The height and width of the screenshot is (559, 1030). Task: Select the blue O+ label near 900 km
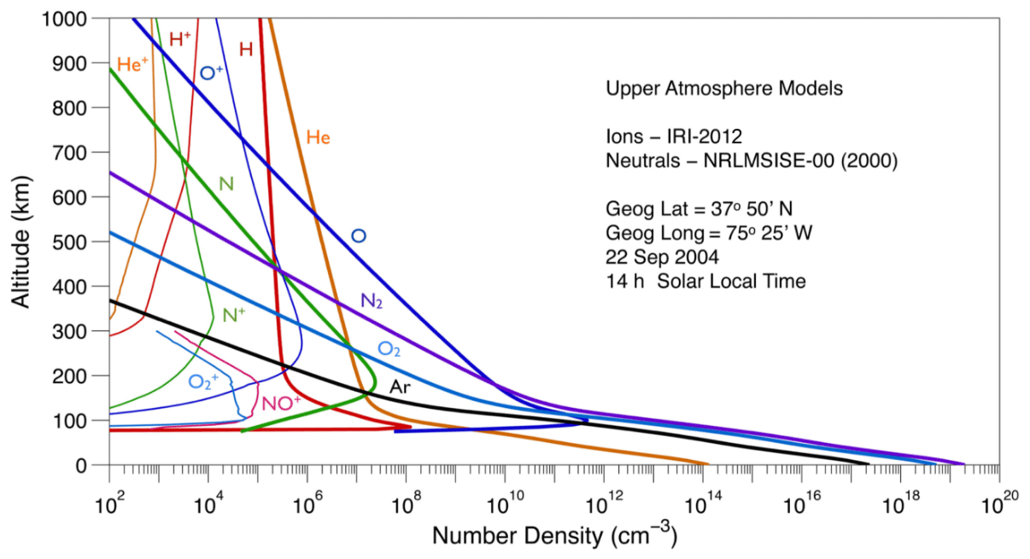[211, 73]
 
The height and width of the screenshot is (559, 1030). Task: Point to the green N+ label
[233, 314]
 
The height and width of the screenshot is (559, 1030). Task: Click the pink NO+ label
[281, 403]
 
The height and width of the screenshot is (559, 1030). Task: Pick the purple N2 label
[372, 300]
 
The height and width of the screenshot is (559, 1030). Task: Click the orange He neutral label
[318, 137]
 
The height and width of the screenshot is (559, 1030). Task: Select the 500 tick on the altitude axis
[82, 242]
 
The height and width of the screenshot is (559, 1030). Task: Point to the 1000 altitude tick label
[77, 19]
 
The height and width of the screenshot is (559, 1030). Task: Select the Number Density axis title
[554, 537]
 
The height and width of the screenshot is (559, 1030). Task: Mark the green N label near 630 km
[226, 183]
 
